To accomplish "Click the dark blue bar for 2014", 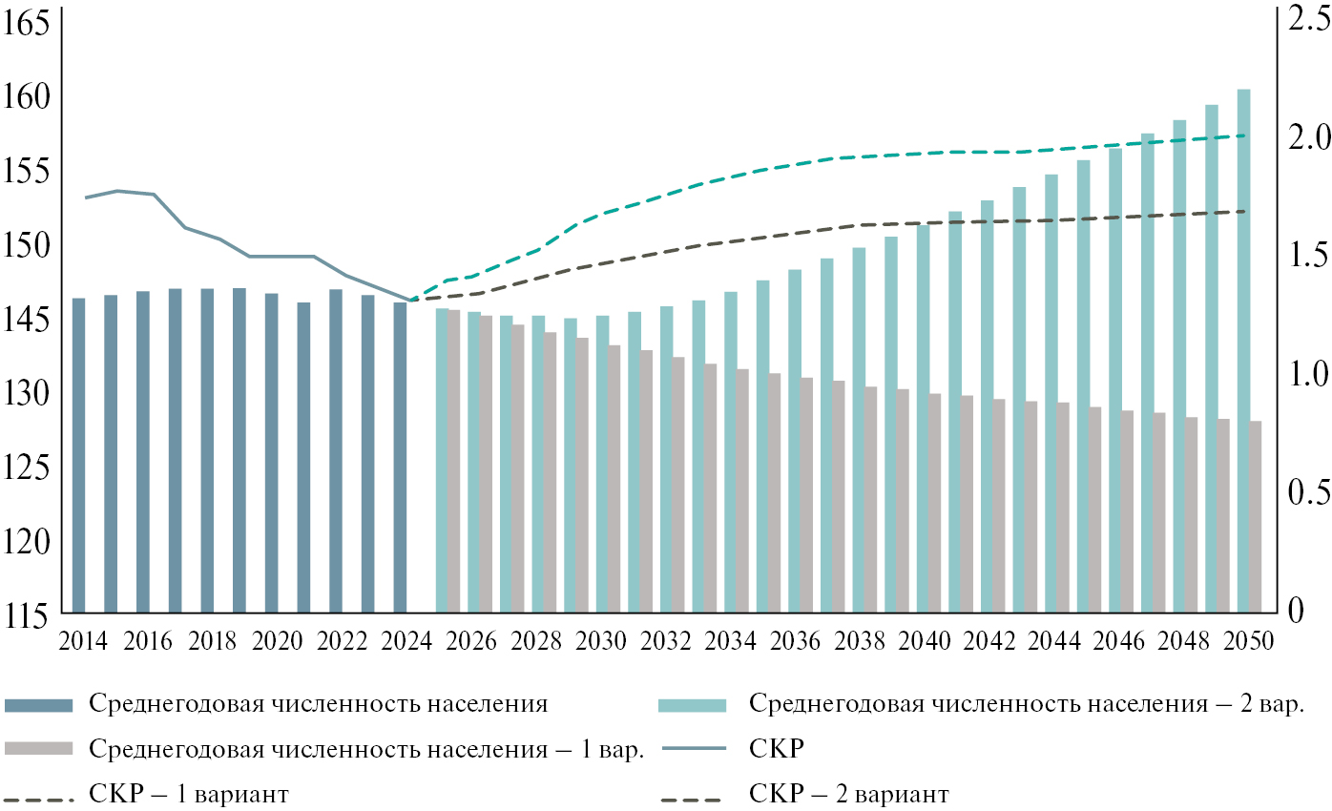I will pos(78,455).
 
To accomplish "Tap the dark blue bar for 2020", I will pos(271,452).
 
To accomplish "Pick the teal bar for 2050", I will pos(1243,350).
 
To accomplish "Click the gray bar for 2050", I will pos(1256,516).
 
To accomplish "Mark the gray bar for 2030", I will pos(614,478).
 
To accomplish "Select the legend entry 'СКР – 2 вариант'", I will pos(848,794).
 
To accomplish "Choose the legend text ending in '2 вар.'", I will pos(1027,704).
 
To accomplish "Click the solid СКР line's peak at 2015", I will pos(116,191).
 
